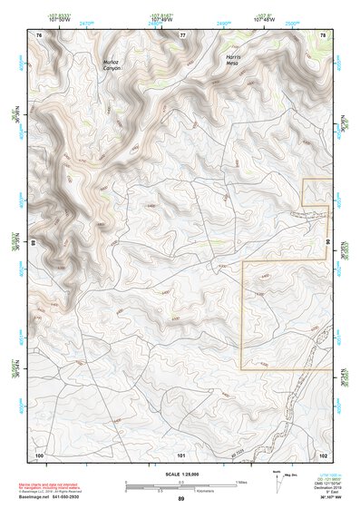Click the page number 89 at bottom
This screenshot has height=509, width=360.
click(x=180, y=499)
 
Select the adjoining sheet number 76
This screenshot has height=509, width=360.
click(x=39, y=34)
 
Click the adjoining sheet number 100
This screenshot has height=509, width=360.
click(x=40, y=454)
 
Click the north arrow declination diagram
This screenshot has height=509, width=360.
click(x=280, y=480)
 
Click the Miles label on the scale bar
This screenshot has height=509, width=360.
click(x=240, y=482)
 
